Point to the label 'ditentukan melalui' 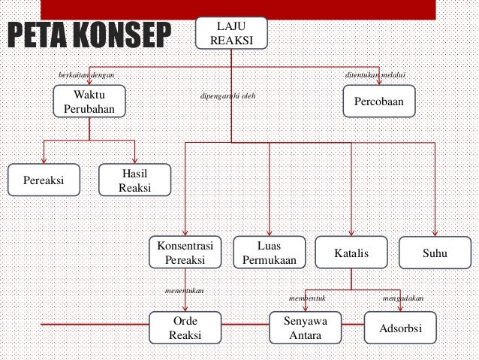click(x=375, y=75)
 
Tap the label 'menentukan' click(x=184, y=289)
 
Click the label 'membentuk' click(x=308, y=298)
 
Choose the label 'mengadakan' click(x=403, y=298)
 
